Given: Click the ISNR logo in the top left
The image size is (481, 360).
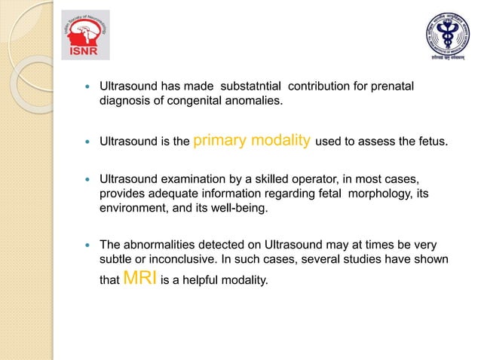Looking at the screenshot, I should pyautogui.click(x=84, y=34).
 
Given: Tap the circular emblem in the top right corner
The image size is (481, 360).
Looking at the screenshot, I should pyautogui.click(x=445, y=34).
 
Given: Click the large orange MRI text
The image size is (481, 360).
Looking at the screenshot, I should pyautogui.click(x=140, y=279).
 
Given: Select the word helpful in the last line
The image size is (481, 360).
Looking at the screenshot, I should pyautogui.click(x=211, y=280).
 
